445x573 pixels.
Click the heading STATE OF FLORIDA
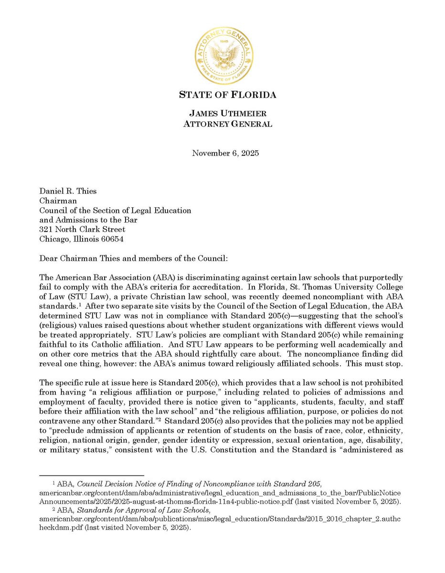(x=227, y=95)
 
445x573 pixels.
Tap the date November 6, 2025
(x=222, y=153)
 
